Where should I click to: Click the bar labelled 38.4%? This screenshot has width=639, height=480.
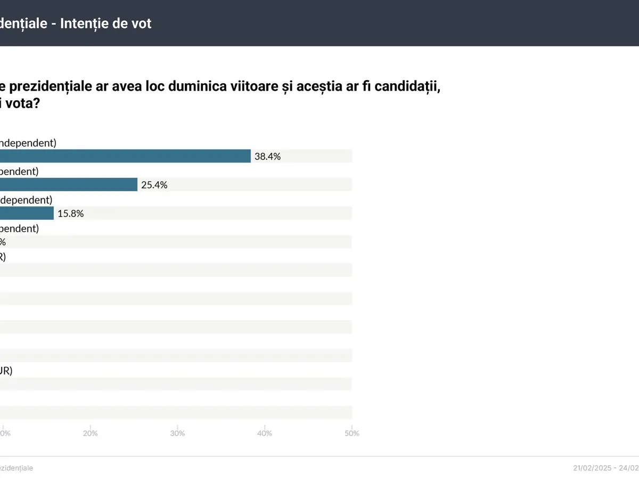[x=125, y=156]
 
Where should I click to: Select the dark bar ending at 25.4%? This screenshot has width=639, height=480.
[x=69, y=185]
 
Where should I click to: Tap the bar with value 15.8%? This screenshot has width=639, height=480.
[x=27, y=213]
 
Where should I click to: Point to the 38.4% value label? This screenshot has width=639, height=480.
[x=267, y=156]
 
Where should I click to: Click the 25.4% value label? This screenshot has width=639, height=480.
[x=154, y=185]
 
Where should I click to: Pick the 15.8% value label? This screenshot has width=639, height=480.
[x=71, y=213]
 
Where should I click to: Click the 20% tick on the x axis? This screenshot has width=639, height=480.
[x=91, y=433]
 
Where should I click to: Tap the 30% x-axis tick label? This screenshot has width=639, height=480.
[x=177, y=433]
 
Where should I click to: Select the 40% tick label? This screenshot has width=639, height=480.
[x=265, y=433]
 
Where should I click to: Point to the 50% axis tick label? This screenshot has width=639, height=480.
[x=351, y=433]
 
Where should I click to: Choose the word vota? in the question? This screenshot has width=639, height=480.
[x=23, y=103]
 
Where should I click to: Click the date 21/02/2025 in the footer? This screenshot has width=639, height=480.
[x=592, y=468]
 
